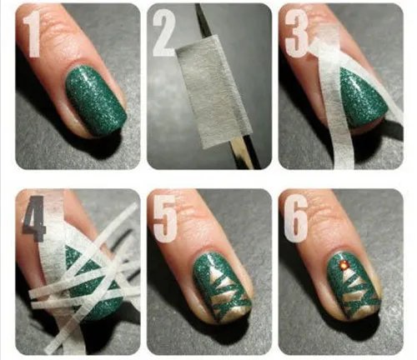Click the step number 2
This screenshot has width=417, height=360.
pyautogui.click(x=164, y=32)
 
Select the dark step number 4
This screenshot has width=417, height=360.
pyautogui.click(x=33, y=218)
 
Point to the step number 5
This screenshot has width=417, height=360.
pyautogui.click(x=165, y=218)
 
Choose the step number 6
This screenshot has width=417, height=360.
pyautogui.click(x=296, y=218)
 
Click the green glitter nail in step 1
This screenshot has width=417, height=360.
pyautogui.click(x=96, y=101)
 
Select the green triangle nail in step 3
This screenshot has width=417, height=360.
pyautogui.click(x=361, y=97)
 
